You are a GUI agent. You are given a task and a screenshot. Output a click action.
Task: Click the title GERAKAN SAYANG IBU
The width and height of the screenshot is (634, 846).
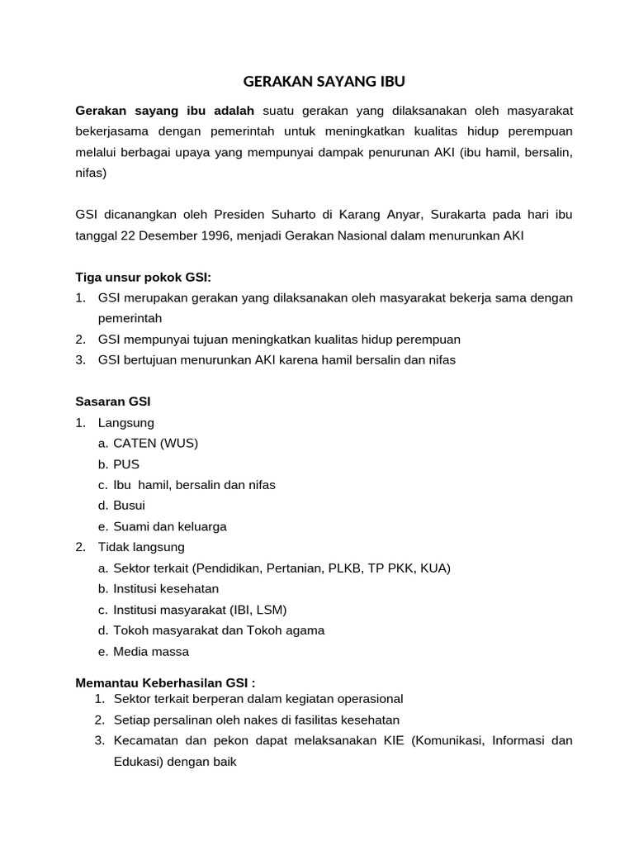[x=324, y=82]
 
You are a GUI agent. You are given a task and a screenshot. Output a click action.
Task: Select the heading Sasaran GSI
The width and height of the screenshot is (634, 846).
[x=113, y=402]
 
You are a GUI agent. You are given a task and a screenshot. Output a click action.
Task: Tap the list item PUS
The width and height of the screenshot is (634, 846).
[x=126, y=464]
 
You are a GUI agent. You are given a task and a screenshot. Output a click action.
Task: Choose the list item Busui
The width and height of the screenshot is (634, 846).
[x=129, y=506]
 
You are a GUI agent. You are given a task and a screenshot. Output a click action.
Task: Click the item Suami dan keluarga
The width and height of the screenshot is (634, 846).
[x=169, y=526]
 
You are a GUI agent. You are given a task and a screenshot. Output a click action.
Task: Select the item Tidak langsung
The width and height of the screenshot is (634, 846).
[x=141, y=547]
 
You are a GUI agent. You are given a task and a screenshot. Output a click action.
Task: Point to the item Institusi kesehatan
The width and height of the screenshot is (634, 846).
[x=166, y=588]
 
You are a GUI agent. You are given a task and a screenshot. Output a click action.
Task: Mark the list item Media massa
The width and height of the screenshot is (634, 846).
[x=151, y=651]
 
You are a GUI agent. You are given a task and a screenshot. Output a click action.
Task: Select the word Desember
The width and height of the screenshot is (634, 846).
[x=158, y=235]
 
